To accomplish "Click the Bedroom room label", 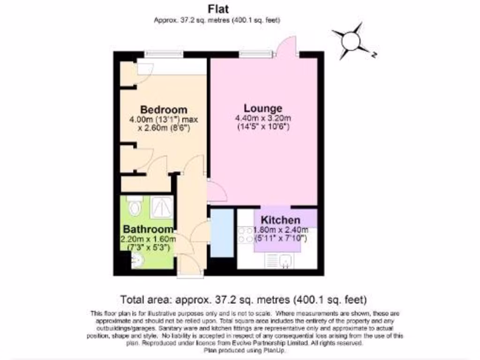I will click(x=164, y=110).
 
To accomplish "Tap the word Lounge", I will click(x=262, y=108).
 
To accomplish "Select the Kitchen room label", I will click(x=280, y=220).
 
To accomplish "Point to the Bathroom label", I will click(x=148, y=229).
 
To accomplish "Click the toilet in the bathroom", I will click(x=134, y=205).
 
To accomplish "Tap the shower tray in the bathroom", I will click(x=162, y=207).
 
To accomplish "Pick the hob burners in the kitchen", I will click(x=245, y=235).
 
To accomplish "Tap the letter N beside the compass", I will click(x=374, y=54).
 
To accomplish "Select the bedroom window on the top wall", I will click(x=163, y=54).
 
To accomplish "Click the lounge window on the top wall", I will click(x=256, y=54).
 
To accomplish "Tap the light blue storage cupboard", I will click(x=221, y=233).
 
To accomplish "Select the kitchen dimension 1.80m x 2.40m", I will click(x=280, y=230).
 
